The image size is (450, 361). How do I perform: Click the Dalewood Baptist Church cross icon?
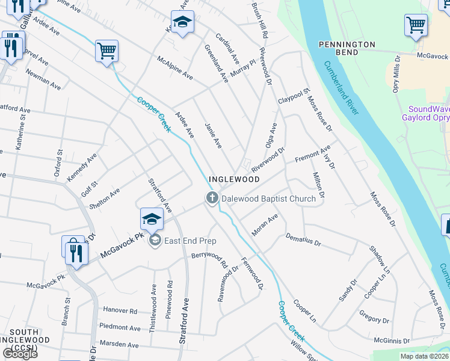212,198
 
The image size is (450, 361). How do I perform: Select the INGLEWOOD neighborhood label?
234,179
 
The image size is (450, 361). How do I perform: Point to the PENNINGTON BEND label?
347,49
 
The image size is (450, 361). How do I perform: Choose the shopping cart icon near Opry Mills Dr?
416,25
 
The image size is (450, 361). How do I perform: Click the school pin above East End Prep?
152,218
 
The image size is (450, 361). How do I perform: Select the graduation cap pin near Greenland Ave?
182,22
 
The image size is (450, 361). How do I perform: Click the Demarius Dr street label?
303,241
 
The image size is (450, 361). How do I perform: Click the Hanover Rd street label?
120,311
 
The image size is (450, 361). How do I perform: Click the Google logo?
20,353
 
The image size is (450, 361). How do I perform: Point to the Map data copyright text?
425,356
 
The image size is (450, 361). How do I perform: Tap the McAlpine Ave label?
174,69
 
